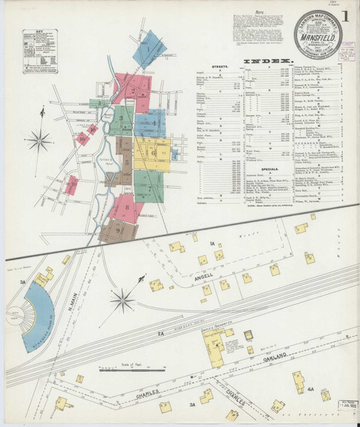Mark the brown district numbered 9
tap(116, 231)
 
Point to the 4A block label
tap(311, 390)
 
